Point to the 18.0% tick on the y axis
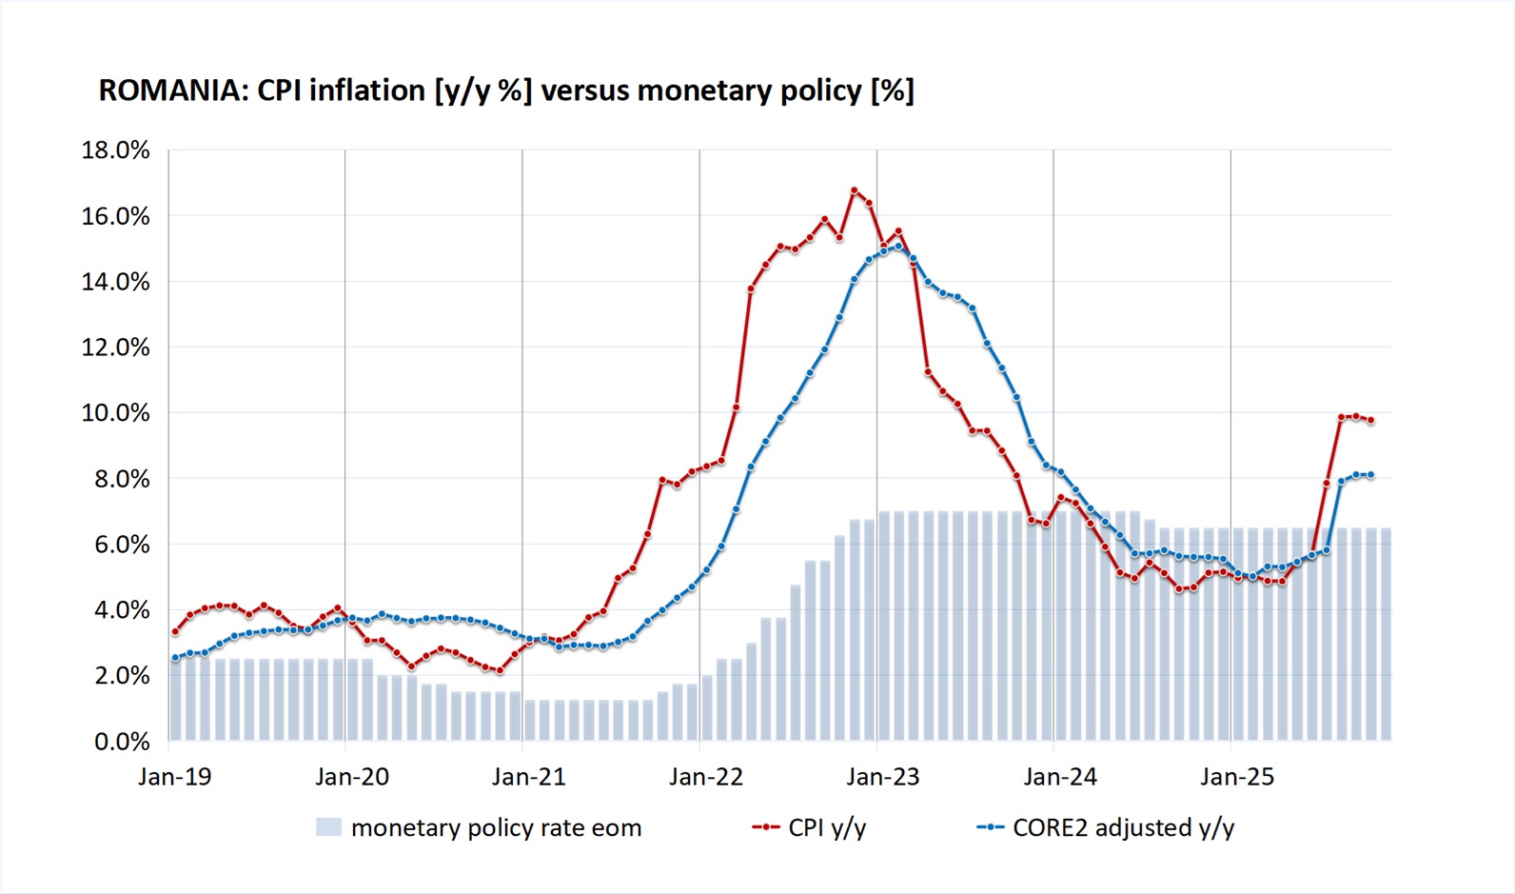click(x=116, y=150)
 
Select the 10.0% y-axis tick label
click(x=116, y=413)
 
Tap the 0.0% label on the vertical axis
click(x=122, y=742)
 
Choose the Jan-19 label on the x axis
click(x=175, y=777)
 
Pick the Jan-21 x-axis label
click(x=529, y=777)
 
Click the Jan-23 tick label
click(x=883, y=777)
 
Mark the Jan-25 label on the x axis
click(x=1237, y=777)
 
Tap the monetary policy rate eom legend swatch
click(x=328, y=827)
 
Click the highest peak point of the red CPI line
click(x=854, y=190)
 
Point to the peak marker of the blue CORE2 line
click(x=898, y=246)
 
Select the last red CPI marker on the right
click(x=1370, y=420)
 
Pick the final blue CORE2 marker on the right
click(x=1370, y=474)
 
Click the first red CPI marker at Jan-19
click(x=175, y=631)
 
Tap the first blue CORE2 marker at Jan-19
click(x=175, y=658)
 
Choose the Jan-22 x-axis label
click(x=706, y=777)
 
